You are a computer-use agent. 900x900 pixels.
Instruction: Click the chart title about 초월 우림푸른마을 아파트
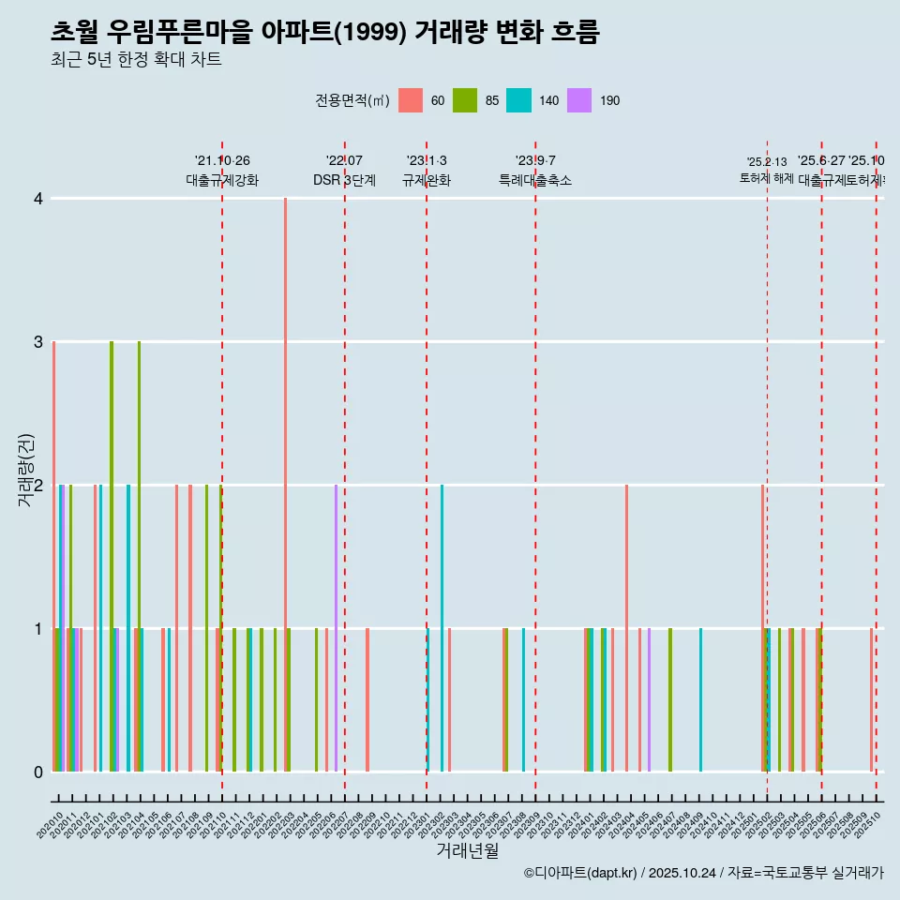coord(324,32)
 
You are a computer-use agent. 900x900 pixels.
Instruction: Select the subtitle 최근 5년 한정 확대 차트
coord(136,61)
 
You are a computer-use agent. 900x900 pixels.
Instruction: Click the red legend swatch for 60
coord(411,100)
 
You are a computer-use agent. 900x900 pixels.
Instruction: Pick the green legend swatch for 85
coord(464,100)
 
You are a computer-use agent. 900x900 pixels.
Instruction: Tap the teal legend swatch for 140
coord(518,100)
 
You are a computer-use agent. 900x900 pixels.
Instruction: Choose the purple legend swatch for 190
coord(579,100)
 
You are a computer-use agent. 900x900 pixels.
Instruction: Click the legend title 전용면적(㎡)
coord(352,100)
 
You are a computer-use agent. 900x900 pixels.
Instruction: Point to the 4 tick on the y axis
coord(38,199)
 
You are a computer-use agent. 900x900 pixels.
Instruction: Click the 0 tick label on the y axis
coord(38,772)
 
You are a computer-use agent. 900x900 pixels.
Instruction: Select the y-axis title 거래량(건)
coord(26,470)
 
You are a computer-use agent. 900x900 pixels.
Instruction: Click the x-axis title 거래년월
coord(467,850)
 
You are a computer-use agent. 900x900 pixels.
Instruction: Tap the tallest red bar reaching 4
coord(286,484)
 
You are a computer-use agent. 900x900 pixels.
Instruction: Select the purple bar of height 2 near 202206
coord(336,628)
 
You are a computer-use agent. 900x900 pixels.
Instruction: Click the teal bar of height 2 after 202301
coord(442,628)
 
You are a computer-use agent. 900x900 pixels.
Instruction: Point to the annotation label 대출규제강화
coord(222,180)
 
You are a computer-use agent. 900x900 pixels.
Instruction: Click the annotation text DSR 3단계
coord(344,180)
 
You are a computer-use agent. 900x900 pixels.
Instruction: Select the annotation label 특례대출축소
coord(534,180)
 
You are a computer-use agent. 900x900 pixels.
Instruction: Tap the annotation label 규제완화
coord(427,180)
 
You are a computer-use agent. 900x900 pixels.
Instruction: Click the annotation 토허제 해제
coord(766,178)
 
